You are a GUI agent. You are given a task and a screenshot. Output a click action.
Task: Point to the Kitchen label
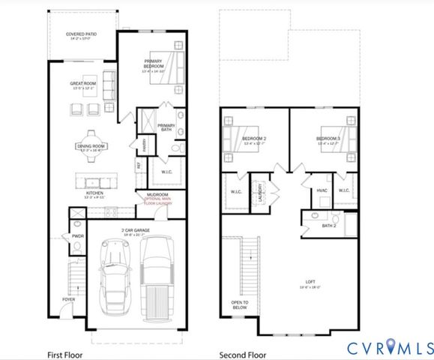tap(94, 193)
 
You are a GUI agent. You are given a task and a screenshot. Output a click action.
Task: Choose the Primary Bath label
tap(166, 127)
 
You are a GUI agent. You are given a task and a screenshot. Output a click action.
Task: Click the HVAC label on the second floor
tap(322, 190)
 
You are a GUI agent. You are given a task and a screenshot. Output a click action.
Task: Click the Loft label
tap(307, 282)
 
